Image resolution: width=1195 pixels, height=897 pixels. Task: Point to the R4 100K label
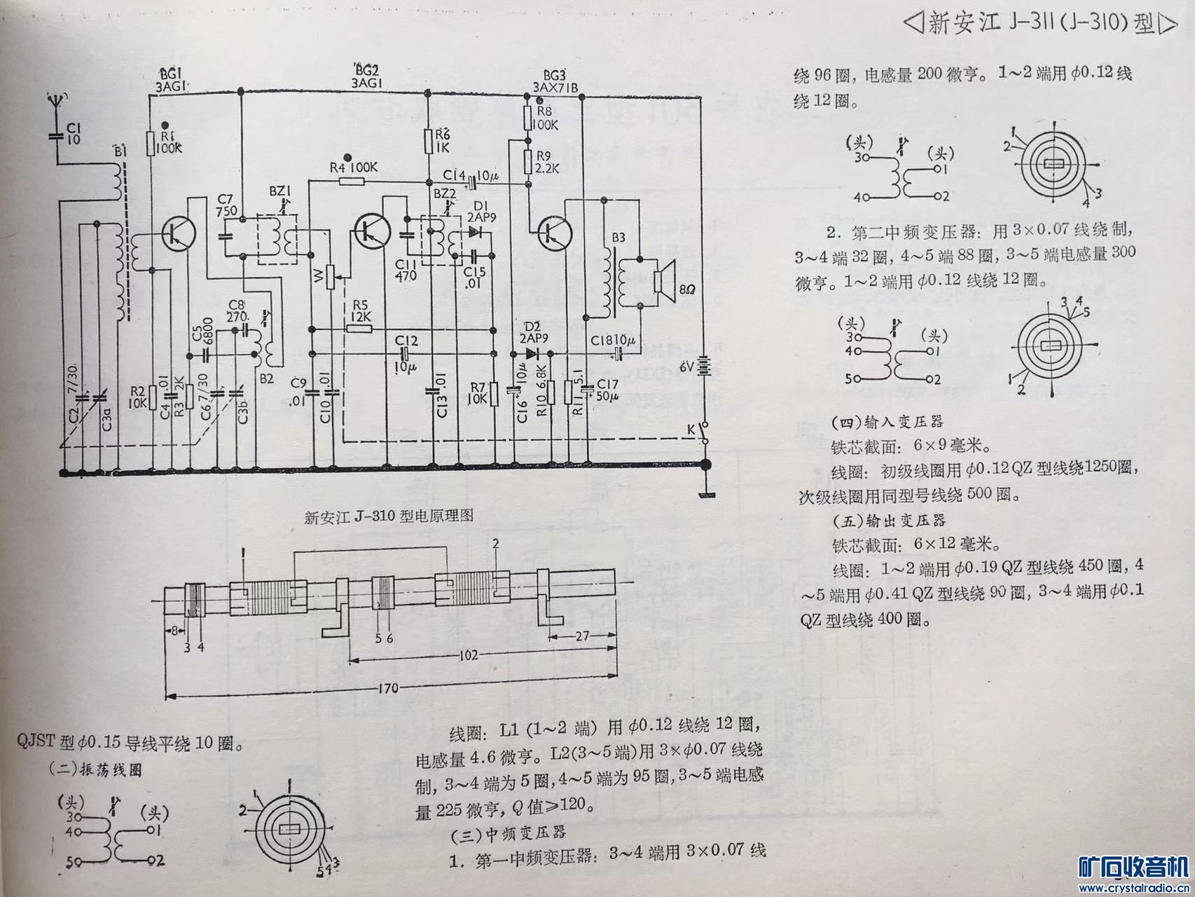[x=354, y=168]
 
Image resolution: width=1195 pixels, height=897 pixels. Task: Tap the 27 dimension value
[x=581, y=637]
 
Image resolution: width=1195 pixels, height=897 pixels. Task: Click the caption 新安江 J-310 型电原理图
[x=389, y=516]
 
